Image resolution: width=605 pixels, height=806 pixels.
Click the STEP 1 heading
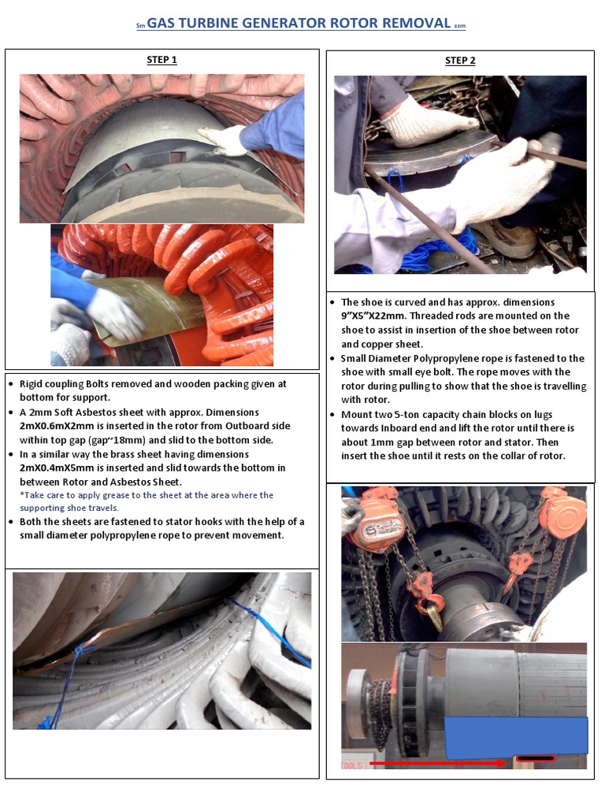pyautogui.click(x=161, y=60)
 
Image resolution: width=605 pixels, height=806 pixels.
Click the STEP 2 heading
pyautogui.click(x=460, y=61)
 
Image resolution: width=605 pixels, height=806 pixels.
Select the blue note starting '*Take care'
pyautogui.click(x=147, y=501)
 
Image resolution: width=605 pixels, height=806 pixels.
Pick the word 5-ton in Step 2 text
pyautogui.click(x=414, y=415)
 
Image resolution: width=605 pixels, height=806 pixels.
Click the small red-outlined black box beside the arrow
pyautogui.click(x=535, y=760)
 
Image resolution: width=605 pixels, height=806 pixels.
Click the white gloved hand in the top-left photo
pyautogui.click(x=225, y=139)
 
